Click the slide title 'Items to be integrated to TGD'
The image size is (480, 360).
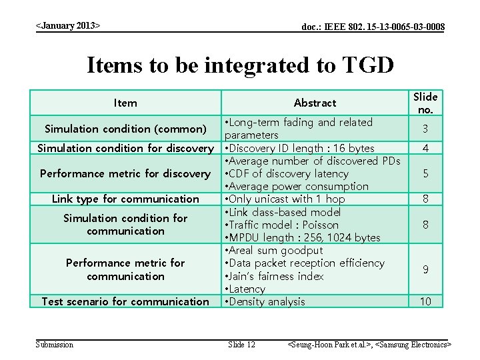point(240,65)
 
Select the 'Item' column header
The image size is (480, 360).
point(125,103)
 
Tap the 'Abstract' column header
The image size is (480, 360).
point(315,103)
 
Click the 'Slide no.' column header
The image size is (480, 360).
point(425,103)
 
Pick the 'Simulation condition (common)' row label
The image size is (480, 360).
point(125,129)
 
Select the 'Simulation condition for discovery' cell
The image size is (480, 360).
point(125,148)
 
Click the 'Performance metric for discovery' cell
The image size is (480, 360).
point(125,173)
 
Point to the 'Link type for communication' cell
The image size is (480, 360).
point(125,199)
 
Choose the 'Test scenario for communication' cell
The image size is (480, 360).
point(125,301)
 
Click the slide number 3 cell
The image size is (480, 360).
point(425,129)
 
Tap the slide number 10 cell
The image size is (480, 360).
point(425,301)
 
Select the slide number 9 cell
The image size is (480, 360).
point(425,269)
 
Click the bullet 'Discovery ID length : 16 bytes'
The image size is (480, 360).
point(300,148)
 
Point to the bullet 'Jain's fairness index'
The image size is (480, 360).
point(275,276)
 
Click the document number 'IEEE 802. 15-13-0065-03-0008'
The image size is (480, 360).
point(373,27)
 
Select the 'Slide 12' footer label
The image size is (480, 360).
point(241,344)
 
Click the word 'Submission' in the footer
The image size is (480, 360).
point(55,344)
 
